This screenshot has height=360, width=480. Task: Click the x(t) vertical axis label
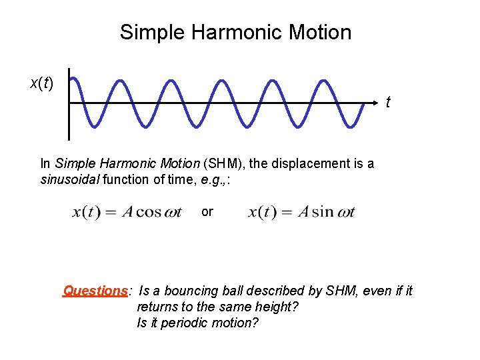(x=42, y=83)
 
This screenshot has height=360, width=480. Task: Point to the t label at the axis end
(x=388, y=103)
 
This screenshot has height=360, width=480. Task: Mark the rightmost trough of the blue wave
(x=348, y=125)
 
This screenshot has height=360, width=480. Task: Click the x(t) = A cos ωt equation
(x=127, y=213)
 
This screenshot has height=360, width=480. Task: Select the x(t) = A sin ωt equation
(x=302, y=213)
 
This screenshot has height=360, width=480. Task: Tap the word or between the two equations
(x=207, y=211)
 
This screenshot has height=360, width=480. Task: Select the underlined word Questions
(x=95, y=291)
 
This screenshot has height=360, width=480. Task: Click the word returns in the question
(x=156, y=307)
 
